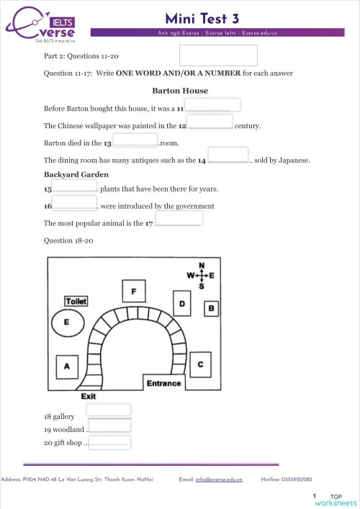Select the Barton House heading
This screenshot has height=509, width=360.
pyautogui.click(x=180, y=91)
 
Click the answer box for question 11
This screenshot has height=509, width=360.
pyautogui.click(x=213, y=105)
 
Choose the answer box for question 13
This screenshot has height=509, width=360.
pyautogui.click(x=135, y=140)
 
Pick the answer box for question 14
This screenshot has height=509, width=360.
pyautogui.click(x=228, y=155)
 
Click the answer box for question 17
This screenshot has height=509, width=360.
pyautogui.click(x=179, y=219)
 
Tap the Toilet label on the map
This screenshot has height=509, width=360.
pyautogui.click(x=76, y=300)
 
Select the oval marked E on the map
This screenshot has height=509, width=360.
pyautogui.click(x=67, y=322)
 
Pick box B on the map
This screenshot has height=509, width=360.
pyautogui.click(x=211, y=308)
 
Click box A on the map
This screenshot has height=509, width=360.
pyautogui.click(x=67, y=367)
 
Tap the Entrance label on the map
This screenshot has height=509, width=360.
pyautogui.click(x=163, y=383)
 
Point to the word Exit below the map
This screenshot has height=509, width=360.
pyautogui.click(x=89, y=396)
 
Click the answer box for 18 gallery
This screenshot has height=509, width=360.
pyautogui.click(x=108, y=410)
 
